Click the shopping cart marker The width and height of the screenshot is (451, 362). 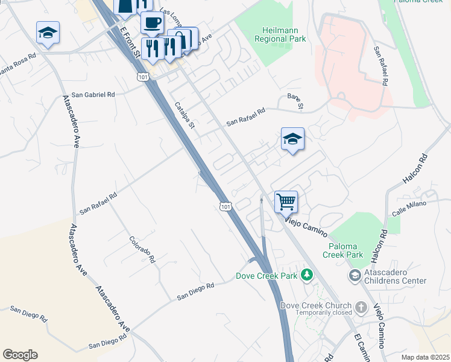coord(286,202)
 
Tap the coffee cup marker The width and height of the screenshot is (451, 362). coord(152,24)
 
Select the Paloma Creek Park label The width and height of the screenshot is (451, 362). coord(346,250)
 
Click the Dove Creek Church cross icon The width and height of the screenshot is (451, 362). coord(361,306)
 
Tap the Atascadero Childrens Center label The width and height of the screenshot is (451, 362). coord(394,276)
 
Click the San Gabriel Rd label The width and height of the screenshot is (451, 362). coord(93,95)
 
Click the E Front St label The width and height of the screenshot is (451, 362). coord(130,42)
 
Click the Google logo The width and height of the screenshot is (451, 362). coord(20,355)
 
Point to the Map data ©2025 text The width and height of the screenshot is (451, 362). coord(425,357)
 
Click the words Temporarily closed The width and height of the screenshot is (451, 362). coord(317,314)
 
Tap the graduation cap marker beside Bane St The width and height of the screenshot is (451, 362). coord(292,140)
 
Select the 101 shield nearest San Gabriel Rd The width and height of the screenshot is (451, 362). coord(143,77)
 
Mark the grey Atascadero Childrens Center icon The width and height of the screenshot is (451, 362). coord(355,276)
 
